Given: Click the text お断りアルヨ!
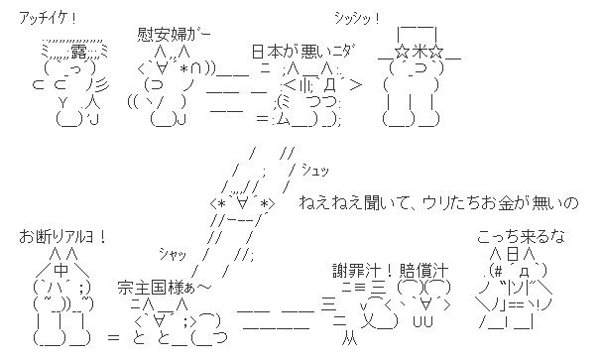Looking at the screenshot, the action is click(x=61, y=238).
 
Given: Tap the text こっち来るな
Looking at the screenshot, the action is click(x=521, y=238).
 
